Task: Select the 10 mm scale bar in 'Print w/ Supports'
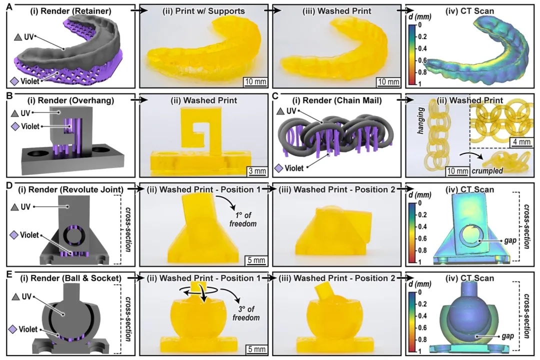(x=255, y=82)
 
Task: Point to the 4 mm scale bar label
(x=521, y=142)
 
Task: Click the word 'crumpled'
(x=487, y=170)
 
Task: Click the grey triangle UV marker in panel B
(x=15, y=113)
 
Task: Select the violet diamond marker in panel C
(x=279, y=168)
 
